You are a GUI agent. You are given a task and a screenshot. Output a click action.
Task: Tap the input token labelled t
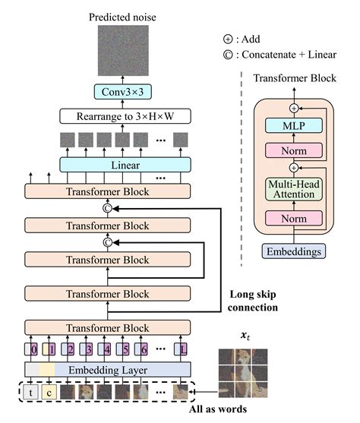point(30,393)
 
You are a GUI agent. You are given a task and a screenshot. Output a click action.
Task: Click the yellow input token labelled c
point(48,393)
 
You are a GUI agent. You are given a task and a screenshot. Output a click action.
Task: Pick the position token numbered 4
point(107,349)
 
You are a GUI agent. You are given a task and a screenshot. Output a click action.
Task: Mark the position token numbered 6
point(145,349)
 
